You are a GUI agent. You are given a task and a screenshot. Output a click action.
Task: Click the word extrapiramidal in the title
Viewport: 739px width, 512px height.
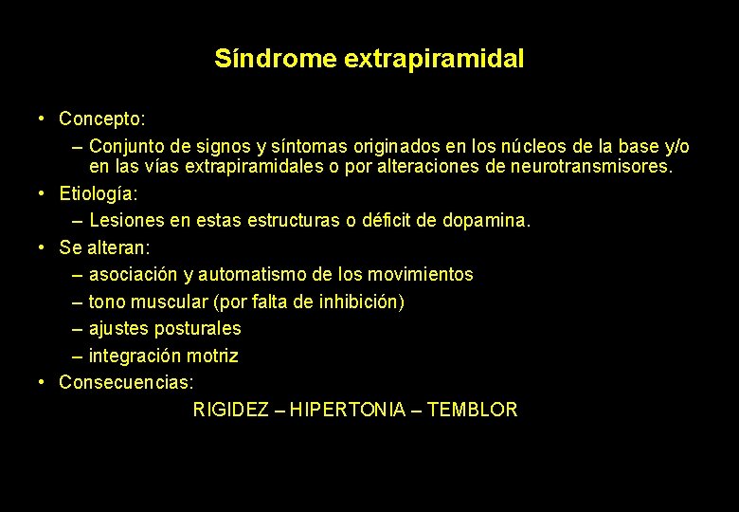(434, 59)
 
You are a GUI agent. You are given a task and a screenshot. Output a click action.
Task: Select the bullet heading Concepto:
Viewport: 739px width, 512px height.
(102, 119)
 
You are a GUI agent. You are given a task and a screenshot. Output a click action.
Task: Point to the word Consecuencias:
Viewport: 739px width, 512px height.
(126, 383)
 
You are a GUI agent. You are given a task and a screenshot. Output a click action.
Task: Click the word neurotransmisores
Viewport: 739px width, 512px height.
(591, 167)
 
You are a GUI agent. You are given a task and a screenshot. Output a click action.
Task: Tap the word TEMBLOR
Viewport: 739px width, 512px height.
(473, 411)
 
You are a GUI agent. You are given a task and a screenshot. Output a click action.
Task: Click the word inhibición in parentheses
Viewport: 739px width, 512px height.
(361, 302)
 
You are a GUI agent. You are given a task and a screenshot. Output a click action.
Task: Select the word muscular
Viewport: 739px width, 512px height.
(172, 302)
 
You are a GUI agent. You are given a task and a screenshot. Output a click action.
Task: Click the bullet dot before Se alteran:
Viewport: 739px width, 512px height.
(44, 247)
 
